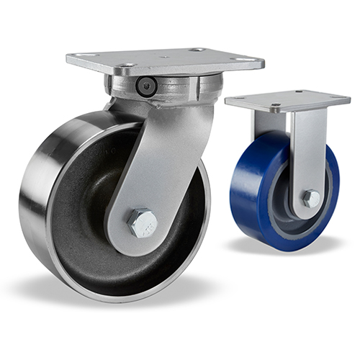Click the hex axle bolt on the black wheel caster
(x=143, y=223)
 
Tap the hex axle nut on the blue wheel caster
(x=310, y=199)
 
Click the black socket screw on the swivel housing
(x=146, y=87)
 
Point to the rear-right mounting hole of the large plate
(x=198, y=50)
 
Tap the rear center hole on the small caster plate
(x=297, y=93)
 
